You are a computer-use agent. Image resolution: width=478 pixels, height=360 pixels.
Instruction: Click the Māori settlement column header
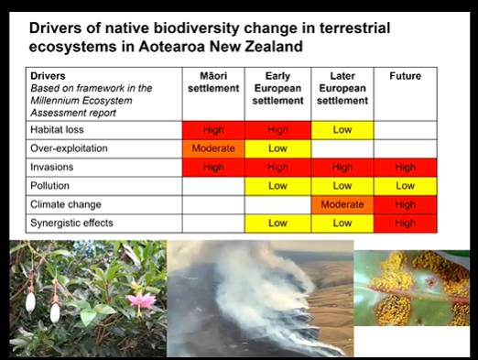[213, 82]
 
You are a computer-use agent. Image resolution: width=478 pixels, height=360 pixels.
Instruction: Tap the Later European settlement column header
[342, 87]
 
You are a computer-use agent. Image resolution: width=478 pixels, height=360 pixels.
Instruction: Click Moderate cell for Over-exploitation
[213, 147]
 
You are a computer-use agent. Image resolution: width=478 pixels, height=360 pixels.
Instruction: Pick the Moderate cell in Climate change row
[342, 204]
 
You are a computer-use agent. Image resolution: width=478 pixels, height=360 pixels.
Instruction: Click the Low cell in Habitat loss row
[342, 130]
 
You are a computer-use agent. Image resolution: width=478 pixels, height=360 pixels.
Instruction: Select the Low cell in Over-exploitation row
[277, 147]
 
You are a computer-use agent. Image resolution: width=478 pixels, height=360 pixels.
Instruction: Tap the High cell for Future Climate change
[406, 204]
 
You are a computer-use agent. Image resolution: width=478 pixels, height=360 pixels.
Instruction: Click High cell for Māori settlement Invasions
[213, 167]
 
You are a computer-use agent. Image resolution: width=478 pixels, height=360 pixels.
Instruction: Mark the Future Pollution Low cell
[406, 186]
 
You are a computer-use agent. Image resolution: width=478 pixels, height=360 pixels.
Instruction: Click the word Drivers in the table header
[48, 75]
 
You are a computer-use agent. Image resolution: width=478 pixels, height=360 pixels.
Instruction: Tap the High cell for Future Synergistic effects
[406, 223]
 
